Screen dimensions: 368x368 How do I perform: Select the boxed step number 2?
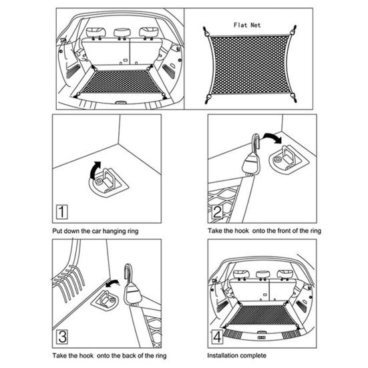(218, 213)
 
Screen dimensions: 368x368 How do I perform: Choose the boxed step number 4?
(218, 336)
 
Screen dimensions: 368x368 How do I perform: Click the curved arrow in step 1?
(96, 167)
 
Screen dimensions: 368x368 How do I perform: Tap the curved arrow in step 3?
(115, 283)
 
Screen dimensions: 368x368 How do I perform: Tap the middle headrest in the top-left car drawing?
(120, 32)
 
